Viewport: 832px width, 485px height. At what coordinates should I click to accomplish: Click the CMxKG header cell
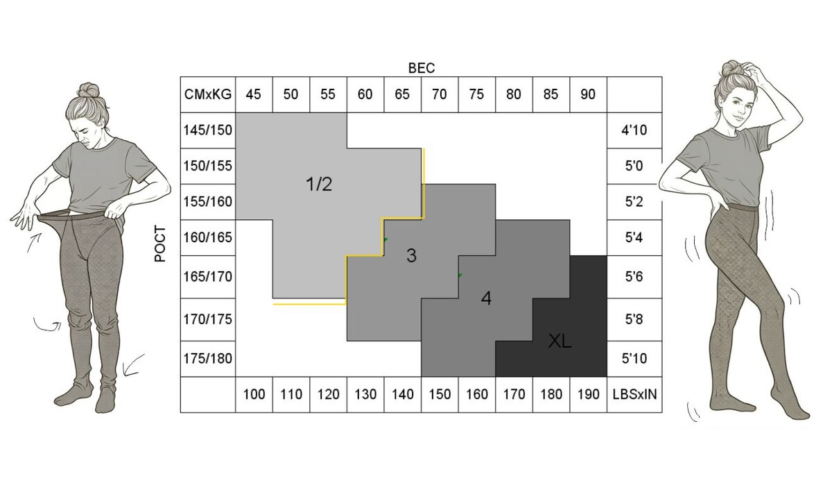point(207,94)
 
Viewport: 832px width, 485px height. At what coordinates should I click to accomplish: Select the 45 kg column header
point(254,94)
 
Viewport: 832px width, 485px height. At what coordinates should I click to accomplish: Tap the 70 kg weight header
point(440,94)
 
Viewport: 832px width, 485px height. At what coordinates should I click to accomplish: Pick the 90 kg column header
point(588,94)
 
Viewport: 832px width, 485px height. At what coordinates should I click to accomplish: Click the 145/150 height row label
point(207,130)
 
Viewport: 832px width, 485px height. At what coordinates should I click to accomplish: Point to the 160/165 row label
point(207,237)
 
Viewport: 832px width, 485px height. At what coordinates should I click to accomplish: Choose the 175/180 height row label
point(207,359)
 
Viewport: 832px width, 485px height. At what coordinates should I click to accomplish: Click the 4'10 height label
point(634,130)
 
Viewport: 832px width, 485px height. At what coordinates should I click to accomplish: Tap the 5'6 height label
point(634,277)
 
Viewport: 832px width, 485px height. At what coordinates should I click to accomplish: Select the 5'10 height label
point(634,359)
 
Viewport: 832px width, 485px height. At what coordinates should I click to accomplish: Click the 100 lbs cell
point(254,394)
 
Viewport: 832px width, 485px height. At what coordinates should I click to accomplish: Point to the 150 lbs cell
point(440,394)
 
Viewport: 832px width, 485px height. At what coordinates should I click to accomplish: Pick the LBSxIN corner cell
point(634,394)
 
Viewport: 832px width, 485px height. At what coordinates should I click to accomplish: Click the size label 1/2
point(319,185)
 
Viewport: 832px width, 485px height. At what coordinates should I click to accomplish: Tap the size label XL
point(560,341)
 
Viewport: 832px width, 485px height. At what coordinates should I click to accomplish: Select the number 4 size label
point(486,298)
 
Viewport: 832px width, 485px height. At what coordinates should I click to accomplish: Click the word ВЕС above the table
point(422,68)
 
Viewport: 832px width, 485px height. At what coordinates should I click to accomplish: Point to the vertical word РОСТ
point(160,244)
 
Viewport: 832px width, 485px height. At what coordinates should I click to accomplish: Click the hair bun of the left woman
point(89,91)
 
